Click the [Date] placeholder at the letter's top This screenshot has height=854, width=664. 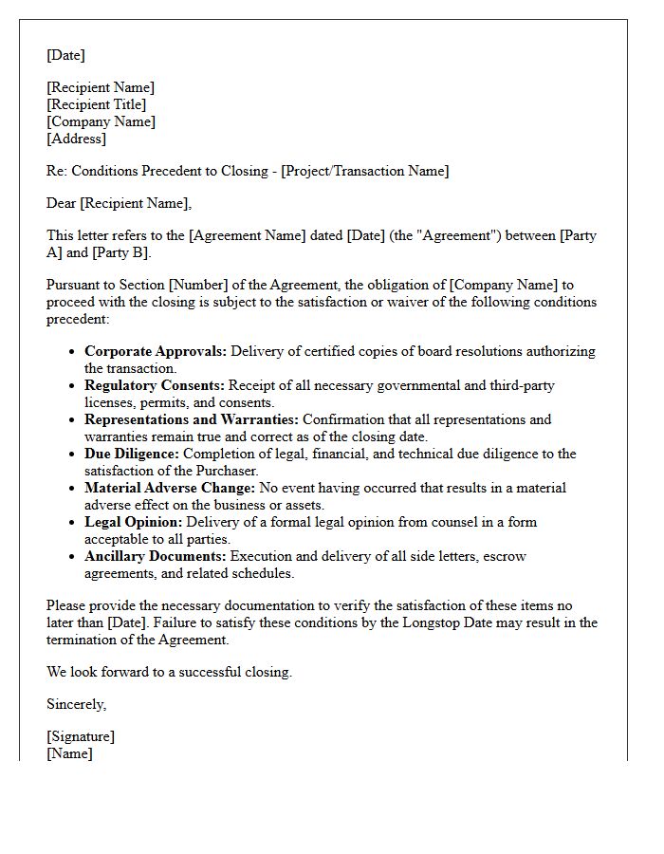(x=65, y=55)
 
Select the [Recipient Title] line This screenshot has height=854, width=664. (x=97, y=104)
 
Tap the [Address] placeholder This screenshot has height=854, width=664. (x=76, y=139)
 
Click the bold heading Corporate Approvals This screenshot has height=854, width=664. (x=156, y=351)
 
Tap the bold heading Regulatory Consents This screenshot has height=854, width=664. (x=155, y=385)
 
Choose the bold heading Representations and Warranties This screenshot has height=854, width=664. (x=192, y=419)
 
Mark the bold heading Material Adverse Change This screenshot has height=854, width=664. (x=170, y=488)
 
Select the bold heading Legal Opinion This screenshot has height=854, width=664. (x=133, y=522)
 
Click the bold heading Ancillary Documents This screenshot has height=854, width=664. (x=156, y=556)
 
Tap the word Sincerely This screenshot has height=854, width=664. (x=76, y=704)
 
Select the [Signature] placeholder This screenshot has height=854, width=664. (x=81, y=736)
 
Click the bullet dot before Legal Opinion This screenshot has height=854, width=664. (x=73, y=523)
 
